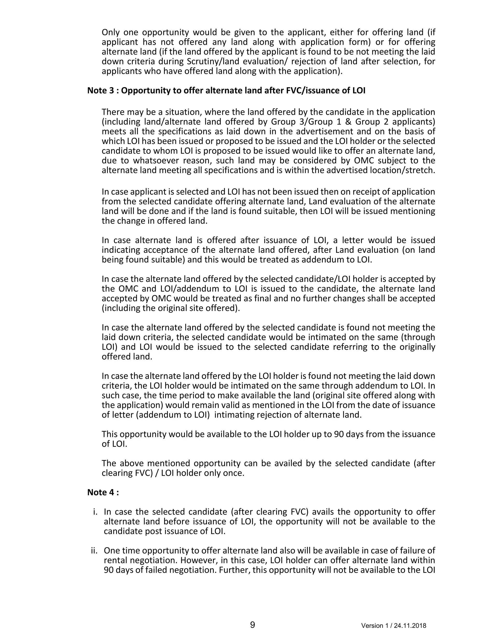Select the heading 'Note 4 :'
[x=103, y=492]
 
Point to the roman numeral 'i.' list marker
[x=95, y=512]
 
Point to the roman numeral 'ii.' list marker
[x=94, y=551]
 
